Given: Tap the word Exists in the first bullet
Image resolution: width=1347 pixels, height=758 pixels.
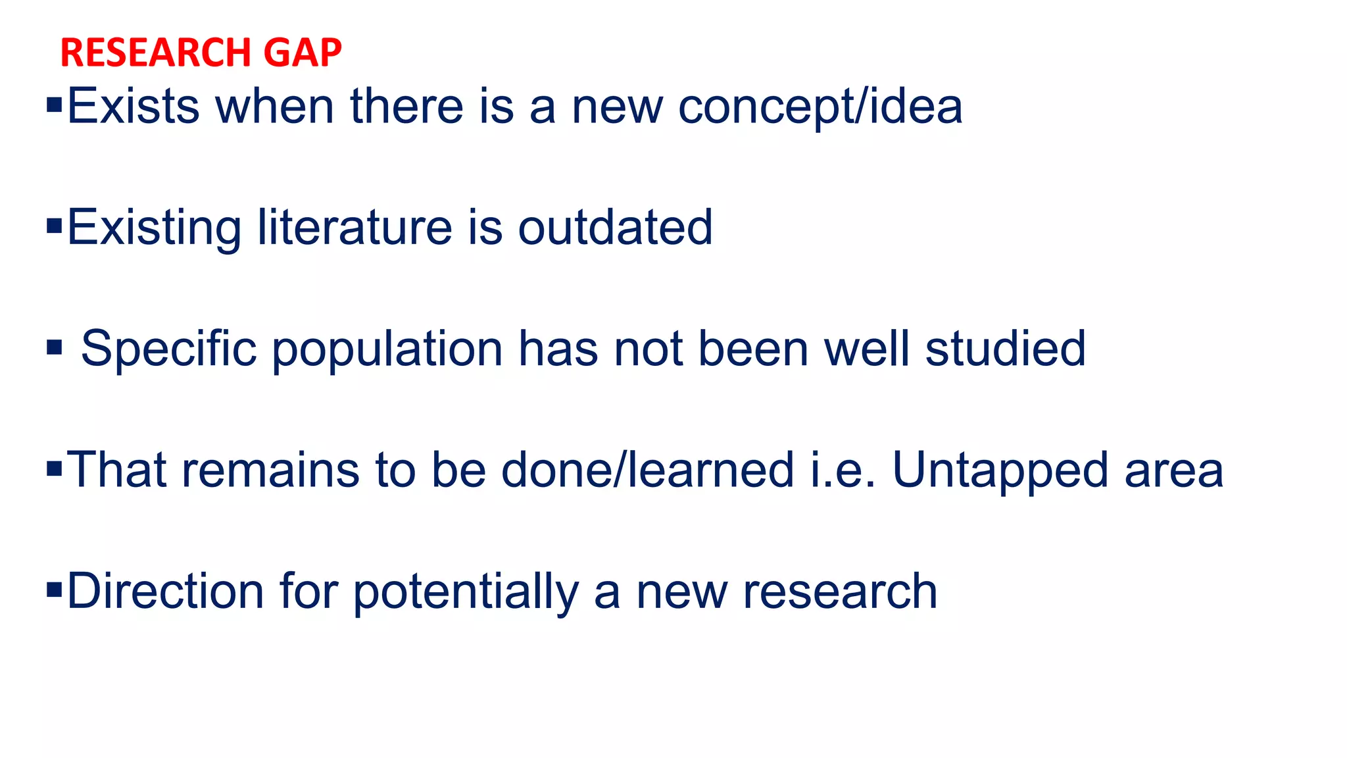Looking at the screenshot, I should click(133, 107).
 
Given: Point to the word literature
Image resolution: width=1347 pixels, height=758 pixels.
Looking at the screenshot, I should click(355, 228).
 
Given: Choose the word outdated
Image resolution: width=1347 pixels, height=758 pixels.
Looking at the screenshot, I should click(615, 228).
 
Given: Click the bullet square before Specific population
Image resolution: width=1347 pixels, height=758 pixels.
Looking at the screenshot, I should click(55, 347).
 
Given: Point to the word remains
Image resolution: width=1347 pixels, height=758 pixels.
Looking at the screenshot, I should click(270, 470).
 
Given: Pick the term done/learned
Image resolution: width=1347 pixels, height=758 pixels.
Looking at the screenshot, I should click(648, 470).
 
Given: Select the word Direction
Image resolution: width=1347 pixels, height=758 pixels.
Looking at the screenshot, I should click(166, 592).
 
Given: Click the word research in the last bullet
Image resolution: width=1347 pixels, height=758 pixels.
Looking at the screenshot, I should click(840, 592).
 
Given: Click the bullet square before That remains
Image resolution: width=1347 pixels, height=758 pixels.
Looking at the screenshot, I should click(55, 469).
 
